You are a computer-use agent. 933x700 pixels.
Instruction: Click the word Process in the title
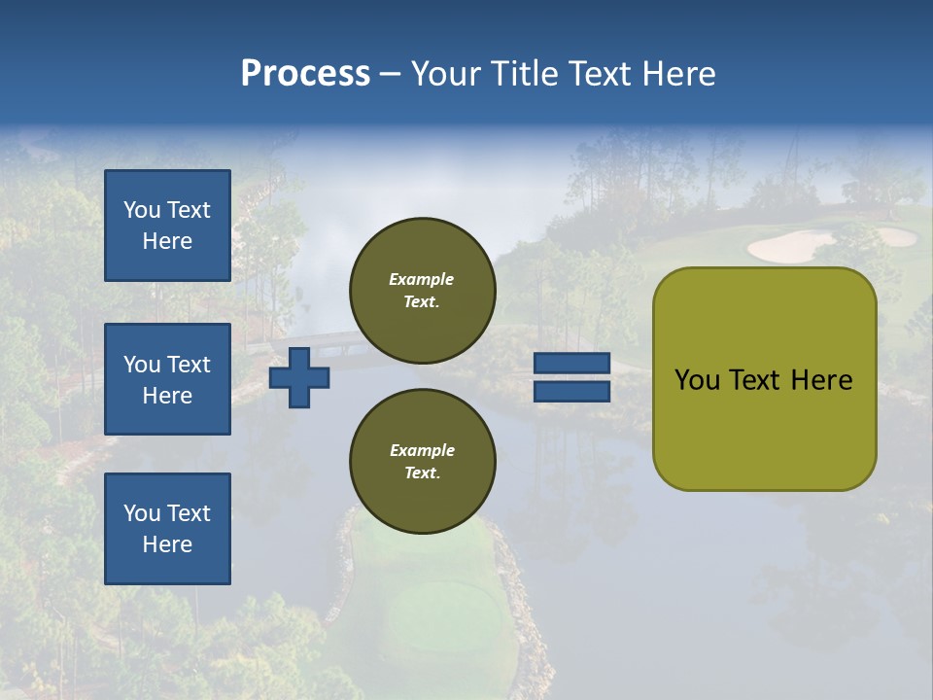[x=305, y=74]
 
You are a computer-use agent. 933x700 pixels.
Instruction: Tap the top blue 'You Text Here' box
[x=167, y=226]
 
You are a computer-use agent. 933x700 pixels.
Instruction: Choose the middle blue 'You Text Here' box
[x=167, y=379]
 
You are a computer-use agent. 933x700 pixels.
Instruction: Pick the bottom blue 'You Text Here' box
[x=167, y=529]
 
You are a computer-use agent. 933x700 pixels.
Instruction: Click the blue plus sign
[x=299, y=378]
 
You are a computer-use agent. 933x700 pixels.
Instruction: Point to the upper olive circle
[x=422, y=290]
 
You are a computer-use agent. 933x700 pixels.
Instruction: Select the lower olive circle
[x=422, y=461]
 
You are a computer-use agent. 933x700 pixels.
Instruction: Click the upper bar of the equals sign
[x=571, y=364]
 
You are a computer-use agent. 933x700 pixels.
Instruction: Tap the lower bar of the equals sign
[x=571, y=392]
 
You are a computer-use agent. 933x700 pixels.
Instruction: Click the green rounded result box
[x=764, y=378]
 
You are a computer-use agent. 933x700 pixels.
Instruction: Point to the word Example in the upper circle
[x=422, y=279]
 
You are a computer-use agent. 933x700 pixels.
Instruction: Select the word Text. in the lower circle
[x=422, y=472]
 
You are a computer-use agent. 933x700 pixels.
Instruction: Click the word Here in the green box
[x=822, y=380]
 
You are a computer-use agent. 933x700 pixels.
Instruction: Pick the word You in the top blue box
[x=142, y=210]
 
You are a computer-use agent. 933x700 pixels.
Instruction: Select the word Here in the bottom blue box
[x=167, y=544]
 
